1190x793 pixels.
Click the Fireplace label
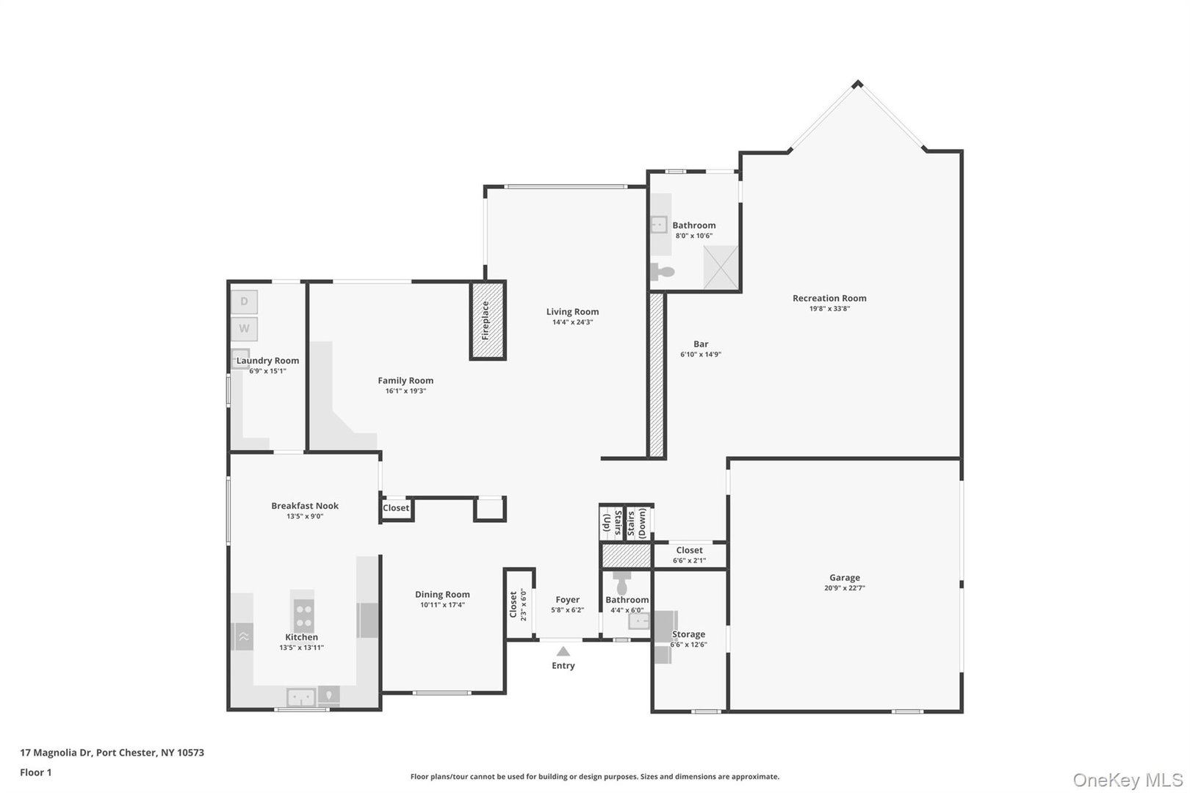[x=486, y=320]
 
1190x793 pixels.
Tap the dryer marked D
[x=244, y=302]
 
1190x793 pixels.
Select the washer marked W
[x=244, y=329]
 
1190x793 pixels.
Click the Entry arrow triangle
[x=563, y=651]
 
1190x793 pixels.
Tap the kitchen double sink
[x=301, y=696]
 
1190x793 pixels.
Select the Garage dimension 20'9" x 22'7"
[x=844, y=588]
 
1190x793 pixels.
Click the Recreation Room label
[x=829, y=298]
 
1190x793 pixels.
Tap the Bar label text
[x=701, y=344]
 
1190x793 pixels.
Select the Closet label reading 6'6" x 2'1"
[x=689, y=561]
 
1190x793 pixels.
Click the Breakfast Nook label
[x=305, y=506]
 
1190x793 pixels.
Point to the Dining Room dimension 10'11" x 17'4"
[x=442, y=605]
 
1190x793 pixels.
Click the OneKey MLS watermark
[x=1128, y=780]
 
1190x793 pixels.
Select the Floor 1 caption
[x=35, y=772]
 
